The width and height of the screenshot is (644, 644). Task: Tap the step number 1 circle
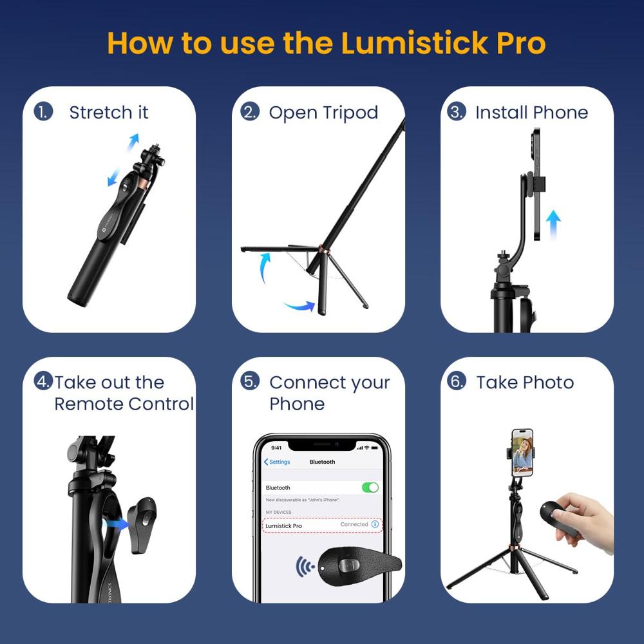[43, 111]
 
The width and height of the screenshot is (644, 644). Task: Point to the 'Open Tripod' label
[323, 113]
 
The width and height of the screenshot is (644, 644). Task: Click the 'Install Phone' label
[531, 113]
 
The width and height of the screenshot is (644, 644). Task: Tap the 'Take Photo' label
[525, 383]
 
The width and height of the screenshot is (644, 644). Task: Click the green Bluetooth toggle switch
[370, 488]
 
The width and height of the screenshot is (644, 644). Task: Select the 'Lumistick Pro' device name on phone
[283, 526]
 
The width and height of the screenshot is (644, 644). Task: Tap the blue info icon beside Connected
[375, 525]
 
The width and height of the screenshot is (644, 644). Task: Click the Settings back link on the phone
[277, 462]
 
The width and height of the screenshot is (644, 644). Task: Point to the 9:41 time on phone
[276, 447]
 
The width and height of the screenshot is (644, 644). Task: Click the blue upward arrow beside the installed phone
[553, 226]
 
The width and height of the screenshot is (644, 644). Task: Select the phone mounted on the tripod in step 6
[522, 452]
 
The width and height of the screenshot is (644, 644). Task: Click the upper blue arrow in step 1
[132, 141]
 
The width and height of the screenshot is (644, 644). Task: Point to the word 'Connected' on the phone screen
[354, 525]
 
